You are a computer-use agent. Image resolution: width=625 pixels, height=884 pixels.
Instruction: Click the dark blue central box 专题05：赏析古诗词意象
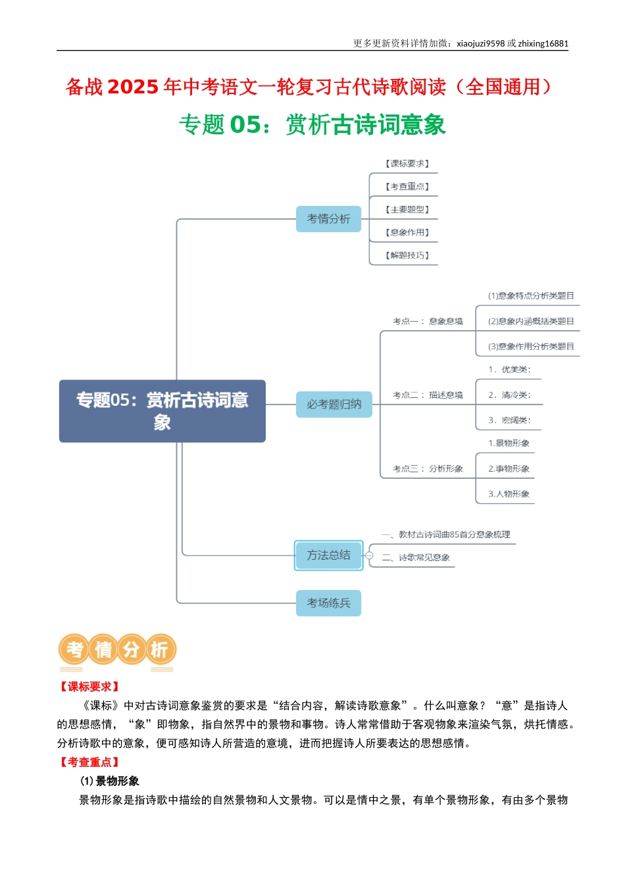pos(162,411)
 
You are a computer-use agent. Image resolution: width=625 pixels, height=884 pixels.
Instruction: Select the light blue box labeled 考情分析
pos(328,218)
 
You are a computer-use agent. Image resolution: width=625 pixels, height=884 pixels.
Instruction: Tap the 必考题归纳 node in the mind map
pos(334,404)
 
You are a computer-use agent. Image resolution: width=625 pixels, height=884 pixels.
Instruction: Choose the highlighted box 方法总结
pos(328,555)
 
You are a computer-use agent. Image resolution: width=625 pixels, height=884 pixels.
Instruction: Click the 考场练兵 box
pos(328,602)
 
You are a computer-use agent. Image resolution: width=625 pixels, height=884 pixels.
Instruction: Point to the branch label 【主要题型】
pos(407,210)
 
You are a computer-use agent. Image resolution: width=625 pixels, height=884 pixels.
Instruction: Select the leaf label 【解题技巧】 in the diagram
pos(407,255)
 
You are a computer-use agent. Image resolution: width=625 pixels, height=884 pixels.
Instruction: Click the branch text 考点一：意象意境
pos(428,321)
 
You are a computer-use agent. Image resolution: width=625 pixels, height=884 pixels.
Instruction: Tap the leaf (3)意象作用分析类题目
pos(531,347)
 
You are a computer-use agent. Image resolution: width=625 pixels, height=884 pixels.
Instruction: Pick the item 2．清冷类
pos(509,395)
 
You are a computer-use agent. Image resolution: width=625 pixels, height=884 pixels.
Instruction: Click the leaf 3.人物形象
pos(509,494)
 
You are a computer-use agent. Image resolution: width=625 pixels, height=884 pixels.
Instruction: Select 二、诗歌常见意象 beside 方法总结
pos(416,557)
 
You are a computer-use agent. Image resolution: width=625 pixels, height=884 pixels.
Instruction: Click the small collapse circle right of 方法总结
pos(369,556)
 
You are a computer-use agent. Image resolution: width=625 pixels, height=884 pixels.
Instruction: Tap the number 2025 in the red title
pos(133,87)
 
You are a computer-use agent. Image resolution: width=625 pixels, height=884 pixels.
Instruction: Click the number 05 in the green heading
pos(245,124)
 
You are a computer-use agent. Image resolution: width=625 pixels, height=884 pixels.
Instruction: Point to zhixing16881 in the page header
pos(543,43)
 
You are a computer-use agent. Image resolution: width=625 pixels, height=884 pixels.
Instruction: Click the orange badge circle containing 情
pos(103,649)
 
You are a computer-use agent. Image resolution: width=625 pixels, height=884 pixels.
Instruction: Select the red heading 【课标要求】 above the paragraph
pos(89,687)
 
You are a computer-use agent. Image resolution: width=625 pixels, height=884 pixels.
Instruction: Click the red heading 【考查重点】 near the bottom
pos(89,762)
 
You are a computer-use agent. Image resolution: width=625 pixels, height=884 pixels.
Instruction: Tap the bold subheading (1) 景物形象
pos(109,781)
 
